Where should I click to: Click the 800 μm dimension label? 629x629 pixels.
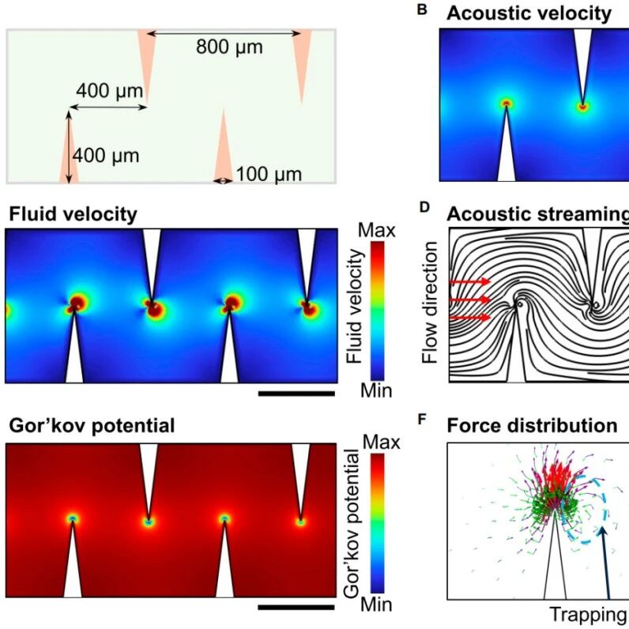pos(229,47)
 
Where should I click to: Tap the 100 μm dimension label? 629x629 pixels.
pos(269,175)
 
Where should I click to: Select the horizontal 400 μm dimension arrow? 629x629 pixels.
pos(108,107)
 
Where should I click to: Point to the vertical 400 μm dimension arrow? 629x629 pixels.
pos(69,147)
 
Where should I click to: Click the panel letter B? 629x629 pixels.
pos(422,10)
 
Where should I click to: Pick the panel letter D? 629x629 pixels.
pos(424,207)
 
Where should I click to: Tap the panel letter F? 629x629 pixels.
pos(422,420)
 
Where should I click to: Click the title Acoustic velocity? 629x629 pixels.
pos(529,13)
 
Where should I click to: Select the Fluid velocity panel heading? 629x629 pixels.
pos(73,214)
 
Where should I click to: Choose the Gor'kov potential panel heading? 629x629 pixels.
pos(92,425)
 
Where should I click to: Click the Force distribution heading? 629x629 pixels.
pos(532,425)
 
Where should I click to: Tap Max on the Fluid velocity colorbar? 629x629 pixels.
pos(376,231)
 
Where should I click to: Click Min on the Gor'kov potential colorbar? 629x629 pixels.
pos(376,605)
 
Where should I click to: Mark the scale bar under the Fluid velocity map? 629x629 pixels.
pos(296,394)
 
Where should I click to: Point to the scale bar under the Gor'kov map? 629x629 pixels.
pos(296,608)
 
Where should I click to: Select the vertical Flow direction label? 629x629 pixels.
pos(429,303)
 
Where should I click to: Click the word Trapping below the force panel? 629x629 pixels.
pos(589,615)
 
